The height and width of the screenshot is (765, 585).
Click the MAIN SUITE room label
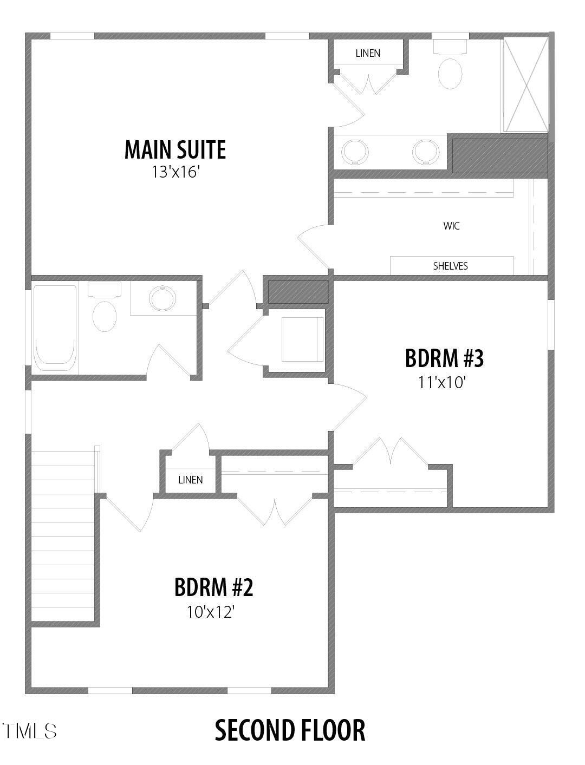[175, 150]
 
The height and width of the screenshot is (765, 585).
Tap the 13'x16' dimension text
[176, 173]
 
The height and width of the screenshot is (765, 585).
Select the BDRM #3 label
[444, 358]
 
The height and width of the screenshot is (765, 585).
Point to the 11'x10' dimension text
[442, 383]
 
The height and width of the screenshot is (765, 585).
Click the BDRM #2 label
[213, 587]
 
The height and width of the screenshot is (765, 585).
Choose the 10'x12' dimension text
[210, 612]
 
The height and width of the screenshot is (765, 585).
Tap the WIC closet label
[451, 226]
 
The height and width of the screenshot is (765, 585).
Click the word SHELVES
[450, 266]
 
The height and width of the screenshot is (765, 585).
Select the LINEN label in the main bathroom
[368, 53]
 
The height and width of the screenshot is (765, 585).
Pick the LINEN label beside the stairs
[190, 480]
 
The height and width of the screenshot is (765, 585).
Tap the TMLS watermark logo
[29, 731]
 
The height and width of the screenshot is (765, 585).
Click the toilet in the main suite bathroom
[450, 73]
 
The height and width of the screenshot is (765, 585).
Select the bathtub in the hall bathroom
[55, 328]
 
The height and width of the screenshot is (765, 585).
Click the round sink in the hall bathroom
[162, 298]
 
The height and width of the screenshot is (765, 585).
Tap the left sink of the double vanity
[355, 151]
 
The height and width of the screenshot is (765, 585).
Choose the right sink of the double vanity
[425, 151]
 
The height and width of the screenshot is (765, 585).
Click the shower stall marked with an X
[526, 84]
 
